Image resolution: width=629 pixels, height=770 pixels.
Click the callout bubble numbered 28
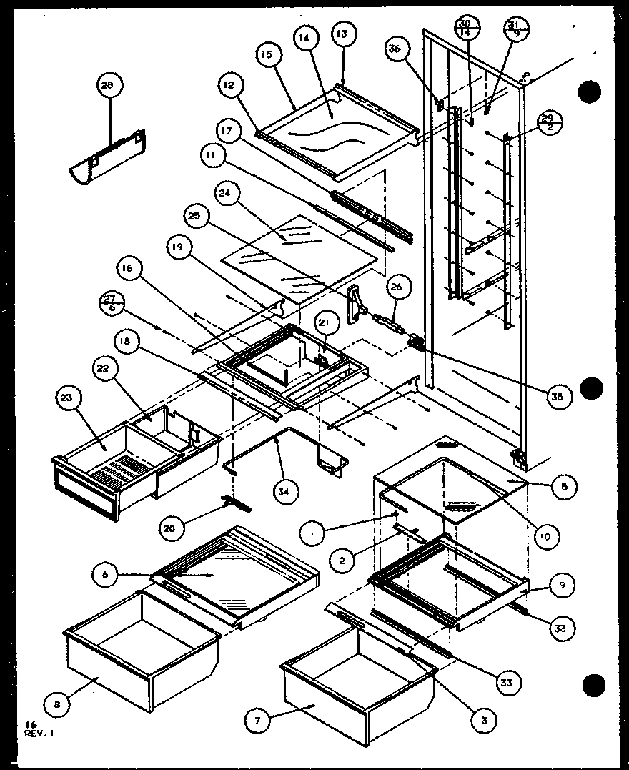pyautogui.click(x=107, y=86)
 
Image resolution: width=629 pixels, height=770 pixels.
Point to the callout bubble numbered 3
pyautogui.click(x=485, y=720)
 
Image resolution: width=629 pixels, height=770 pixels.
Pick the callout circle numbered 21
pyautogui.click(x=325, y=325)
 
